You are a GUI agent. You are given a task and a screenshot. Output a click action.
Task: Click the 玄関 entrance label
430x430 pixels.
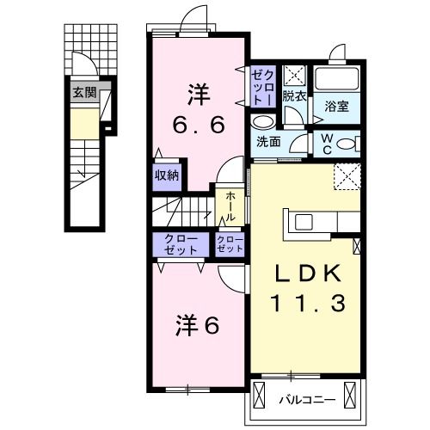83,92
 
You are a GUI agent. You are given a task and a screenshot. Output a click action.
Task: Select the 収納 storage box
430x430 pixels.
167,175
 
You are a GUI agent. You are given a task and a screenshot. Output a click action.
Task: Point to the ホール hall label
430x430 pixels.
231,206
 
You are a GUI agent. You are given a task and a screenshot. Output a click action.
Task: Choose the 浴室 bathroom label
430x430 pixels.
336,107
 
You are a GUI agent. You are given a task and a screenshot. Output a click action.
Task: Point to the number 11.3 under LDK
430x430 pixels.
308,303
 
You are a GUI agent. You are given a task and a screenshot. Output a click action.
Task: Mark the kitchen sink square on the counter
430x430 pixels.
304,222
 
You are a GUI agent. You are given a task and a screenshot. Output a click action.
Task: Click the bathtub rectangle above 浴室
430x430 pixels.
337,77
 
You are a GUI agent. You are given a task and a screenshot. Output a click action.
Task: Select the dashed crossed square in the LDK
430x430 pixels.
347,179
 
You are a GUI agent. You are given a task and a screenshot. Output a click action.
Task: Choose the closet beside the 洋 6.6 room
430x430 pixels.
262,89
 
